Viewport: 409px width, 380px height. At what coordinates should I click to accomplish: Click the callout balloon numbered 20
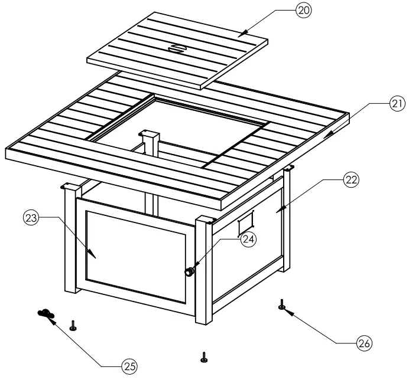(303, 10)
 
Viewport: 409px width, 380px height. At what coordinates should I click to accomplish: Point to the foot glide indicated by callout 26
(283, 304)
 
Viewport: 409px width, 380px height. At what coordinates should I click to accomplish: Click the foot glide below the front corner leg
(204, 357)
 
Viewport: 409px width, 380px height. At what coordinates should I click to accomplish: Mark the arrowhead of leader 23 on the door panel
(94, 254)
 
